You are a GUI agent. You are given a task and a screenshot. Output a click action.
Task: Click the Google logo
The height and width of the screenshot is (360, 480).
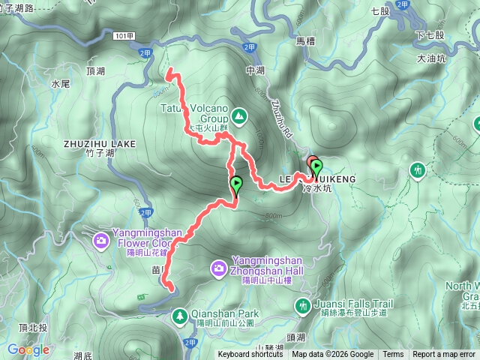[28, 349]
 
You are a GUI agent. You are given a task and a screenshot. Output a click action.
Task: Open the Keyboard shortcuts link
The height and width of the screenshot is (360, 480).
[250, 355]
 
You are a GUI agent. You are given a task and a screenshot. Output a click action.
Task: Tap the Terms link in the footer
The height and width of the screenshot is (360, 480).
[393, 355]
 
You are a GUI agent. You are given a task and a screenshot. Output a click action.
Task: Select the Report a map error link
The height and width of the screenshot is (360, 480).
[444, 355]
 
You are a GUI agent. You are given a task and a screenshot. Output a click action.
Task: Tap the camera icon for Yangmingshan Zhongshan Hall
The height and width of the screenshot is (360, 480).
[218, 266]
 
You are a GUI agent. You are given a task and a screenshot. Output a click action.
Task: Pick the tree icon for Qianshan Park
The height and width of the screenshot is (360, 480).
[180, 316]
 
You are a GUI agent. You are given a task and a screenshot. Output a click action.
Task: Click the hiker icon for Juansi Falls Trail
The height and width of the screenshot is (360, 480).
[303, 305]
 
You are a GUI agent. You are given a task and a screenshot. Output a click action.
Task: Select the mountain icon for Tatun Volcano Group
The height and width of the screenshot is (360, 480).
[238, 115]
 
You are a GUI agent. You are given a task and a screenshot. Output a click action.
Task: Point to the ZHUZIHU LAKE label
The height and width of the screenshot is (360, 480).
[100, 143]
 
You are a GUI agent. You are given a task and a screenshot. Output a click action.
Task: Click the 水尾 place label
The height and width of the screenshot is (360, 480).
[61, 85]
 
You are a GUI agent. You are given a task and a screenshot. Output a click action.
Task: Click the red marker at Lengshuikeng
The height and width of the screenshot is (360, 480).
[311, 163]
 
